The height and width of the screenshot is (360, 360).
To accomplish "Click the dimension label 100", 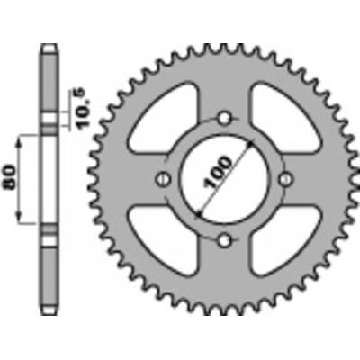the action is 217,172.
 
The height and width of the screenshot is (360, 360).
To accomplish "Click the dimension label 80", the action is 9,177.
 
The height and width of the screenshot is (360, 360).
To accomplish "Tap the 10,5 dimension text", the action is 84,108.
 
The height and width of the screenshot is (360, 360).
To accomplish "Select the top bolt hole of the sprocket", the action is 224,119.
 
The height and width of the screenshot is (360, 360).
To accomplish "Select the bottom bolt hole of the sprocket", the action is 224,240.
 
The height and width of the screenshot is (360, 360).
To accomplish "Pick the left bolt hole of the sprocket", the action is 164,180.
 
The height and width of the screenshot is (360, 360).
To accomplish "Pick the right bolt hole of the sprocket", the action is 285,180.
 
